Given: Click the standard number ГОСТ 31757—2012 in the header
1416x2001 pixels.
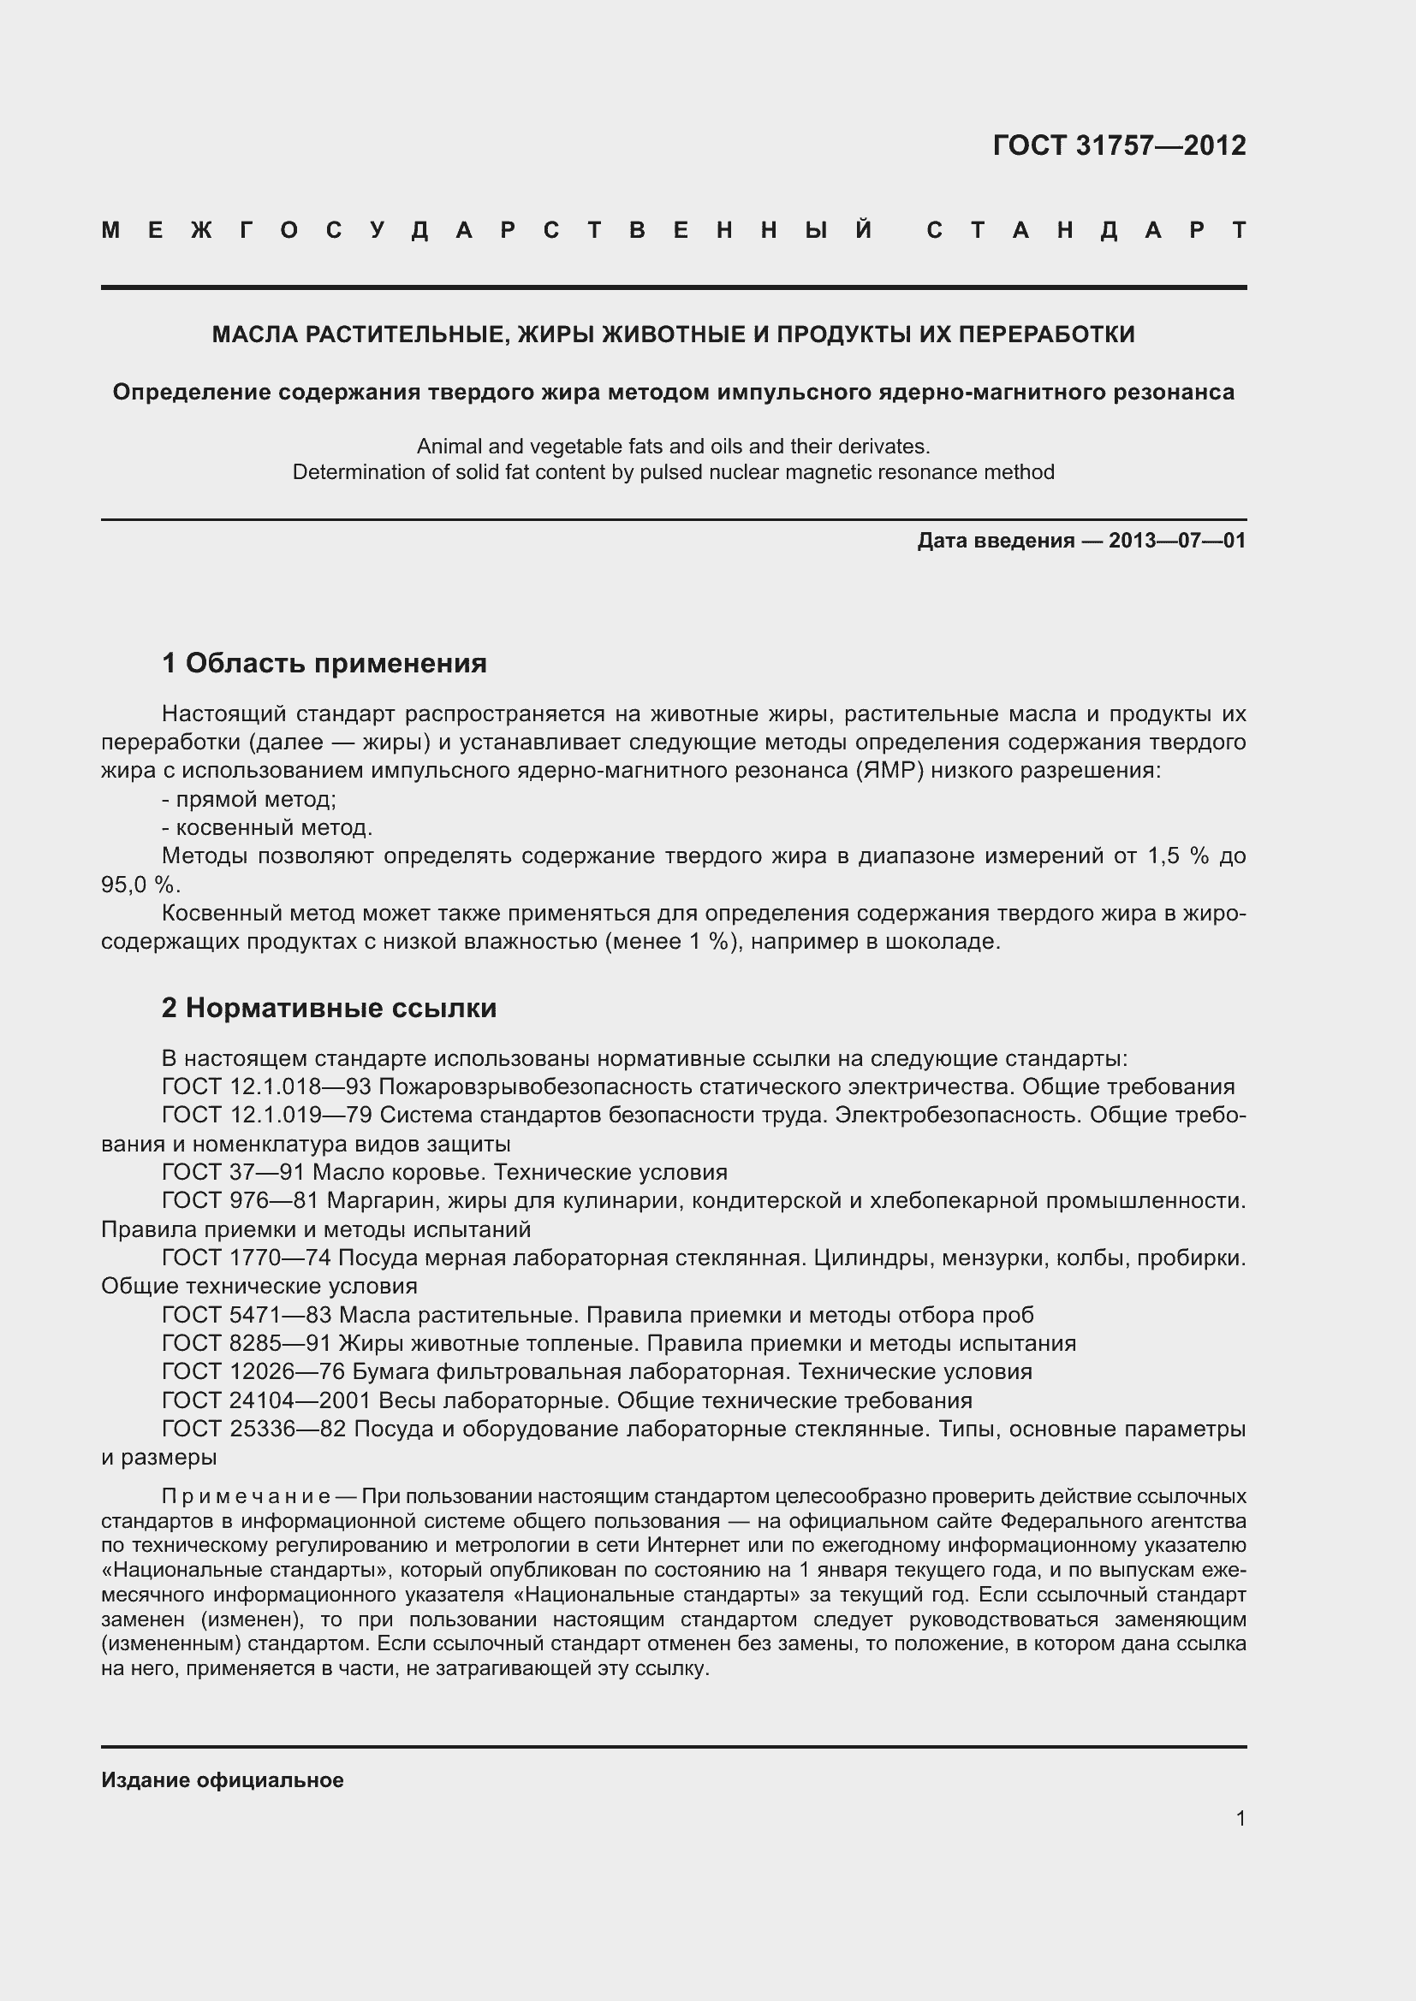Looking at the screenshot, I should point(1119,145).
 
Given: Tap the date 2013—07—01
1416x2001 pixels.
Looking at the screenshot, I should point(1177,542).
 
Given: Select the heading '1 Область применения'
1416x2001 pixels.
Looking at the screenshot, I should point(324,664).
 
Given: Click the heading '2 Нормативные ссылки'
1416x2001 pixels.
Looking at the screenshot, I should point(329,1009).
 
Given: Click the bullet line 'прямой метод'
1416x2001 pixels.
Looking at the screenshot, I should point(249,800).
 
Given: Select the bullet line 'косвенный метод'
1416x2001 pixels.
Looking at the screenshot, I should point(268,828).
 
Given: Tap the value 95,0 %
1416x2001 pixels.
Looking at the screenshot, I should point(140,885).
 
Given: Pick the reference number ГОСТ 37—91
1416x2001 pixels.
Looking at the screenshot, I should point(233,1173).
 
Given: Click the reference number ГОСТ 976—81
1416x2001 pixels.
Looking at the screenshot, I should point(241,1201).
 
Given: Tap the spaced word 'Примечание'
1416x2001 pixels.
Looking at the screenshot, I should point(246,1496).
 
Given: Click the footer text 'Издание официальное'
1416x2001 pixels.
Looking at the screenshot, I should point(223,1780).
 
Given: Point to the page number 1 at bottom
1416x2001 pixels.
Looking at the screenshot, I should point(1240,1818).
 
